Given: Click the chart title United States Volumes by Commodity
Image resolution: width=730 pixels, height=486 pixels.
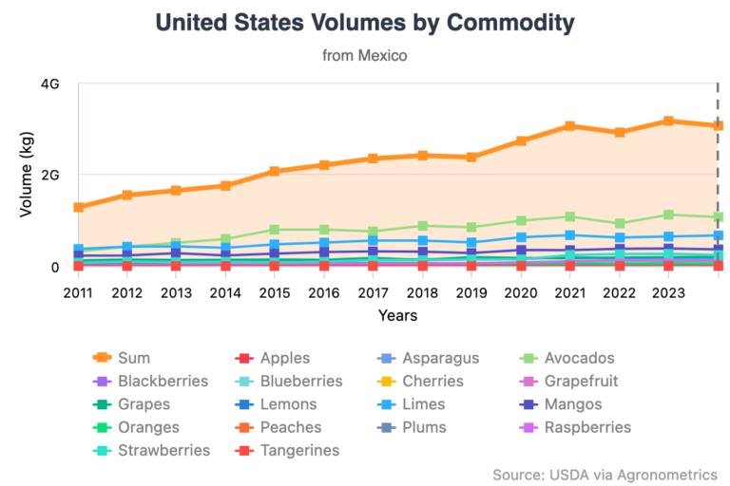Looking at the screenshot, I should pyautogui.click(x=364, y=22).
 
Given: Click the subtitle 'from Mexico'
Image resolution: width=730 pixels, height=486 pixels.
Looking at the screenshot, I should pyautogui.click(x=364, y=56).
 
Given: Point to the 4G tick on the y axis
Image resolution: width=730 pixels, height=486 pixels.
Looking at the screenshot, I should pyautogui.click(x=50, y=84).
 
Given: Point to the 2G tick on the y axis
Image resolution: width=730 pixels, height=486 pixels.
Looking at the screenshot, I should pyautogui.click(x=50, y=175).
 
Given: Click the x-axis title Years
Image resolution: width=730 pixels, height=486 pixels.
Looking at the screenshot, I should pyautogui.click(x=396, y=315).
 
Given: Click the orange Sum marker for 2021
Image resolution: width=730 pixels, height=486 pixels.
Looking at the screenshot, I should pyautogui.click(x=569, y=126).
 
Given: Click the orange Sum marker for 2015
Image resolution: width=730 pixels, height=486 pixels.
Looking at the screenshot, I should pyautogui.click(x=275, y=172).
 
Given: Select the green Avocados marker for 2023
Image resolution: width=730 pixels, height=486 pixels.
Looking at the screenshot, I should pyautogui.click(x=668, y=215).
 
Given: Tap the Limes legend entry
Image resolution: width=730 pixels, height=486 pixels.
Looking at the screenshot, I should pyautogui.click(x=424, y=404).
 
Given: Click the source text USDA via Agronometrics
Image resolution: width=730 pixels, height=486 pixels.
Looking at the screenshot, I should pyautogui.click(x=605, y=474).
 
